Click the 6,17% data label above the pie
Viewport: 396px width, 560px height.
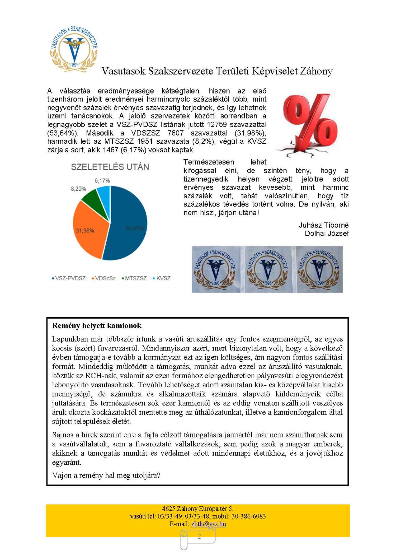coord(102,181)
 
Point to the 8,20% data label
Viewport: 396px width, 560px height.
coord(78,189)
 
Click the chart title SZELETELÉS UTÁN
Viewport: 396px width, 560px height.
coord(110,167)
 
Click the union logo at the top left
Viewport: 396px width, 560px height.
coord(74,49)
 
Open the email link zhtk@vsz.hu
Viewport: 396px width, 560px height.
coord(209,524)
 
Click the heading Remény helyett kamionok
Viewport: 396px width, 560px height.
coord(97,325)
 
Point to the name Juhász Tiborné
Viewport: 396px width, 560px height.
coord(323,225)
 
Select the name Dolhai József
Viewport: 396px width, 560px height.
coord(327,234)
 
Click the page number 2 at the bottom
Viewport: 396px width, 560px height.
coord(199,536)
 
